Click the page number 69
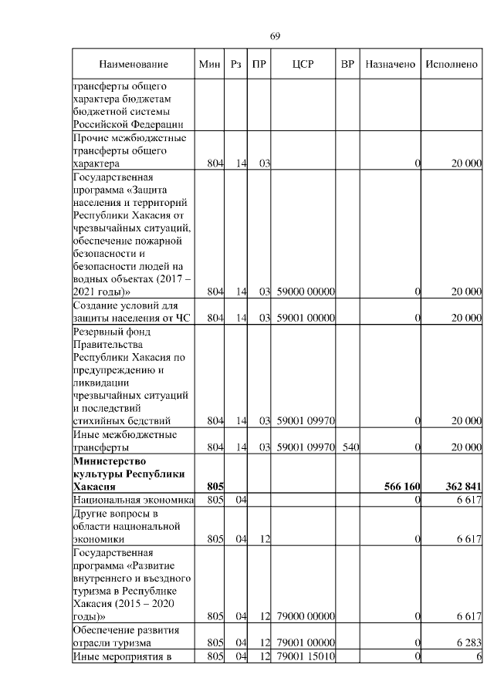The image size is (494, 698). (x=275, y=36)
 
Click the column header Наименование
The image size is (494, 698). (x=133, y=65)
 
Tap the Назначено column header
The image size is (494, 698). (x=390, y=65)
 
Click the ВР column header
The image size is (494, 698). (x=347, y=65)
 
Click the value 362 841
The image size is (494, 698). (x=463, y=487)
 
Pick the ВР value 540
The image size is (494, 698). (x=350, y=447)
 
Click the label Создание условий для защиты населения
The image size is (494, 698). (x=131, y=312)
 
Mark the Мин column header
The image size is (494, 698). (x=210, y=65)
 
